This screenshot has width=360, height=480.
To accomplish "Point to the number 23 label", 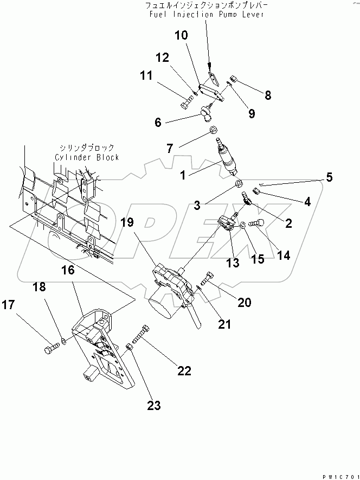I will coord(153,406).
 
